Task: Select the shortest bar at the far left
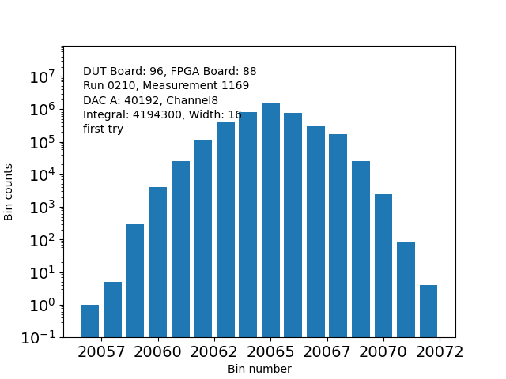click(x=90, y=321)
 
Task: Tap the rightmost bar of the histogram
click(x=429, y=311)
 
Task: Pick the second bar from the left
click(x=112, y=310)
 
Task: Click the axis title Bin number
click(x=259, y=369)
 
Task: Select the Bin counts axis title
click(x=9, y=192)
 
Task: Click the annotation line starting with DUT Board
click(x=169, y=72)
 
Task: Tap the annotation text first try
click(x=103, y=129)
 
